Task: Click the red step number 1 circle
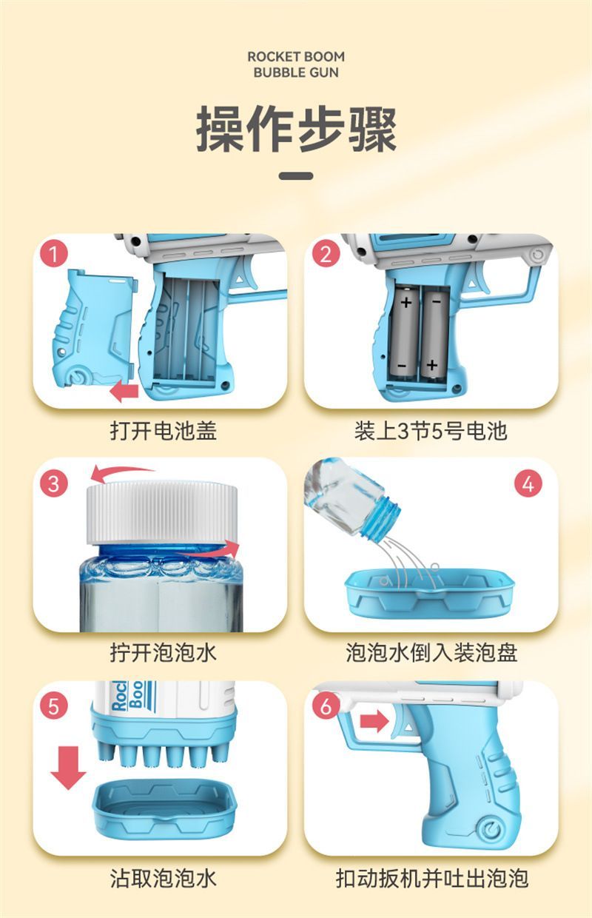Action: tap(54, 253)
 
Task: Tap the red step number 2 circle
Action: tap(326, 253)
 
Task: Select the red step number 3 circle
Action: tap(54, 483)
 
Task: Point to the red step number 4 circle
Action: tap(528, 483)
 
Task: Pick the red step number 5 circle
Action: tap(54, 706)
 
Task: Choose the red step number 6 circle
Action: tap(326, 706)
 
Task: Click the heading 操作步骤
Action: tap(296, 129)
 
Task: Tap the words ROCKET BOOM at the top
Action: tap(296, 56)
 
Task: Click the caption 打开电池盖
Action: tap(163, 431)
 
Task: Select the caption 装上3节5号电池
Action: tap(431, 431)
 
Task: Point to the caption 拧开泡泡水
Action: tap(163, 652)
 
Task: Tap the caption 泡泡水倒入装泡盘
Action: tap(431, 652)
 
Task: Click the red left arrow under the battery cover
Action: tap(124, 391)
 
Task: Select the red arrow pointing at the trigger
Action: tap(374, 720)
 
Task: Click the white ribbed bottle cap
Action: tap(162, 513)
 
